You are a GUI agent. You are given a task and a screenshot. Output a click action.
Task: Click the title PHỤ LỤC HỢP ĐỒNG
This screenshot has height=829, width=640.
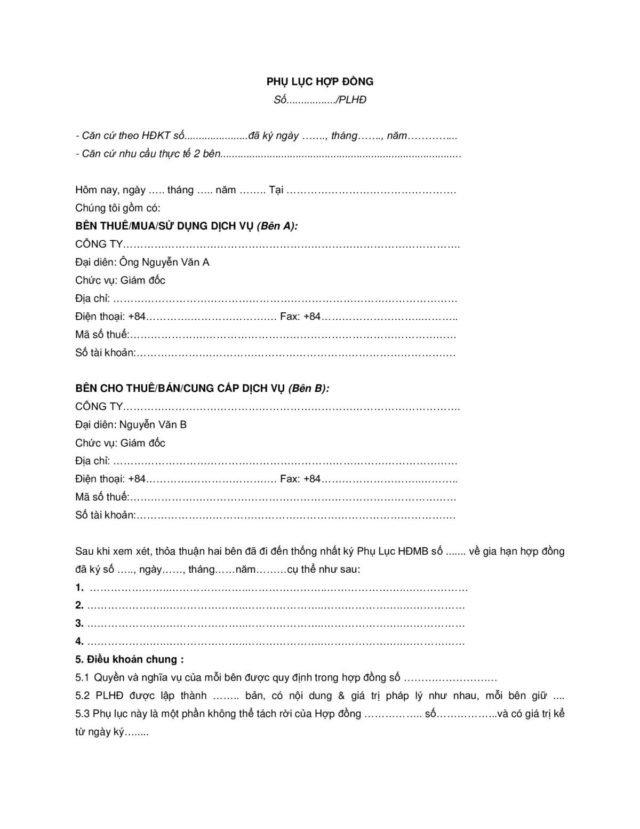point(320,82)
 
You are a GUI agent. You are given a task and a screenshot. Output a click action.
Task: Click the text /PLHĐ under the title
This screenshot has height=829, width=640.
point(351,100)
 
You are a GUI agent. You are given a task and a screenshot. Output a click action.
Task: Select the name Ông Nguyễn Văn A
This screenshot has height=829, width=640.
point(164,262)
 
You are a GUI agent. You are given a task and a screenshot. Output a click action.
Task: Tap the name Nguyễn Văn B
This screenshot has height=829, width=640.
point(153,424)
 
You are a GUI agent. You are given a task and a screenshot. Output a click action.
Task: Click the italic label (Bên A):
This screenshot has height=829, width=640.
point(277,226)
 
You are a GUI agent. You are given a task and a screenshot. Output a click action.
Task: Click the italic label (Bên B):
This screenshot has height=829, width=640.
point(309,388)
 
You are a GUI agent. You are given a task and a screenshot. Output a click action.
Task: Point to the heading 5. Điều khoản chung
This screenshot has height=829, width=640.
point(130,659)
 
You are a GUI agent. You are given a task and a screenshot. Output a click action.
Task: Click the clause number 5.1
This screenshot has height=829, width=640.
point(82,677)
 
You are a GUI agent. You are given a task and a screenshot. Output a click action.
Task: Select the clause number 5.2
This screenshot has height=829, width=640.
point(82,696)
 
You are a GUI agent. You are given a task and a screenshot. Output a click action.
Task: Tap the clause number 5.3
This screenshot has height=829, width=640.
point(82,714)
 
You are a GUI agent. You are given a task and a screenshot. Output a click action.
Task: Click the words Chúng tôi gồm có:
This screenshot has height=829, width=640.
point(118,208)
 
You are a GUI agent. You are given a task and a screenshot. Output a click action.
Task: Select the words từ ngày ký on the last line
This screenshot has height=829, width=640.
point(100,732)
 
